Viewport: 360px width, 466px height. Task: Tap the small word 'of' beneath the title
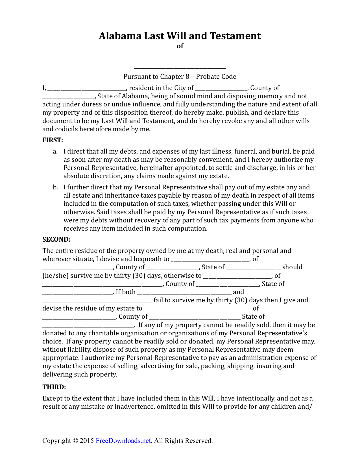(x=180, y=46)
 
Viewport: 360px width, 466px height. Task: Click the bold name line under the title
(x=180, y=67)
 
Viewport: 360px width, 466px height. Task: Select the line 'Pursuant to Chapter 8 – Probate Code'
(x=180, y=76)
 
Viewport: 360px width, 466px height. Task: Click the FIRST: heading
(x=53, y=140)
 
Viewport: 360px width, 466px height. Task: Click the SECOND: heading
(x=56, y=239)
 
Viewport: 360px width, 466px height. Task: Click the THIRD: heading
(x=54, y=387)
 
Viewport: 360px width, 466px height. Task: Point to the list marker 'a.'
(x=55, y=152)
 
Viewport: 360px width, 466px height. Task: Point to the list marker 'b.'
(x=55, y=187)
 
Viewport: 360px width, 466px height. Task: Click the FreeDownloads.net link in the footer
(x=123, y=441)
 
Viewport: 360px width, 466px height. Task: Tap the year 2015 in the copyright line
(x=87, y=441)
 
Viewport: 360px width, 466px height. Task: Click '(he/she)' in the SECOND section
(x=55, y=275)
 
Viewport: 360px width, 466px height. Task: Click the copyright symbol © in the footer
(x=75, y=441)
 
